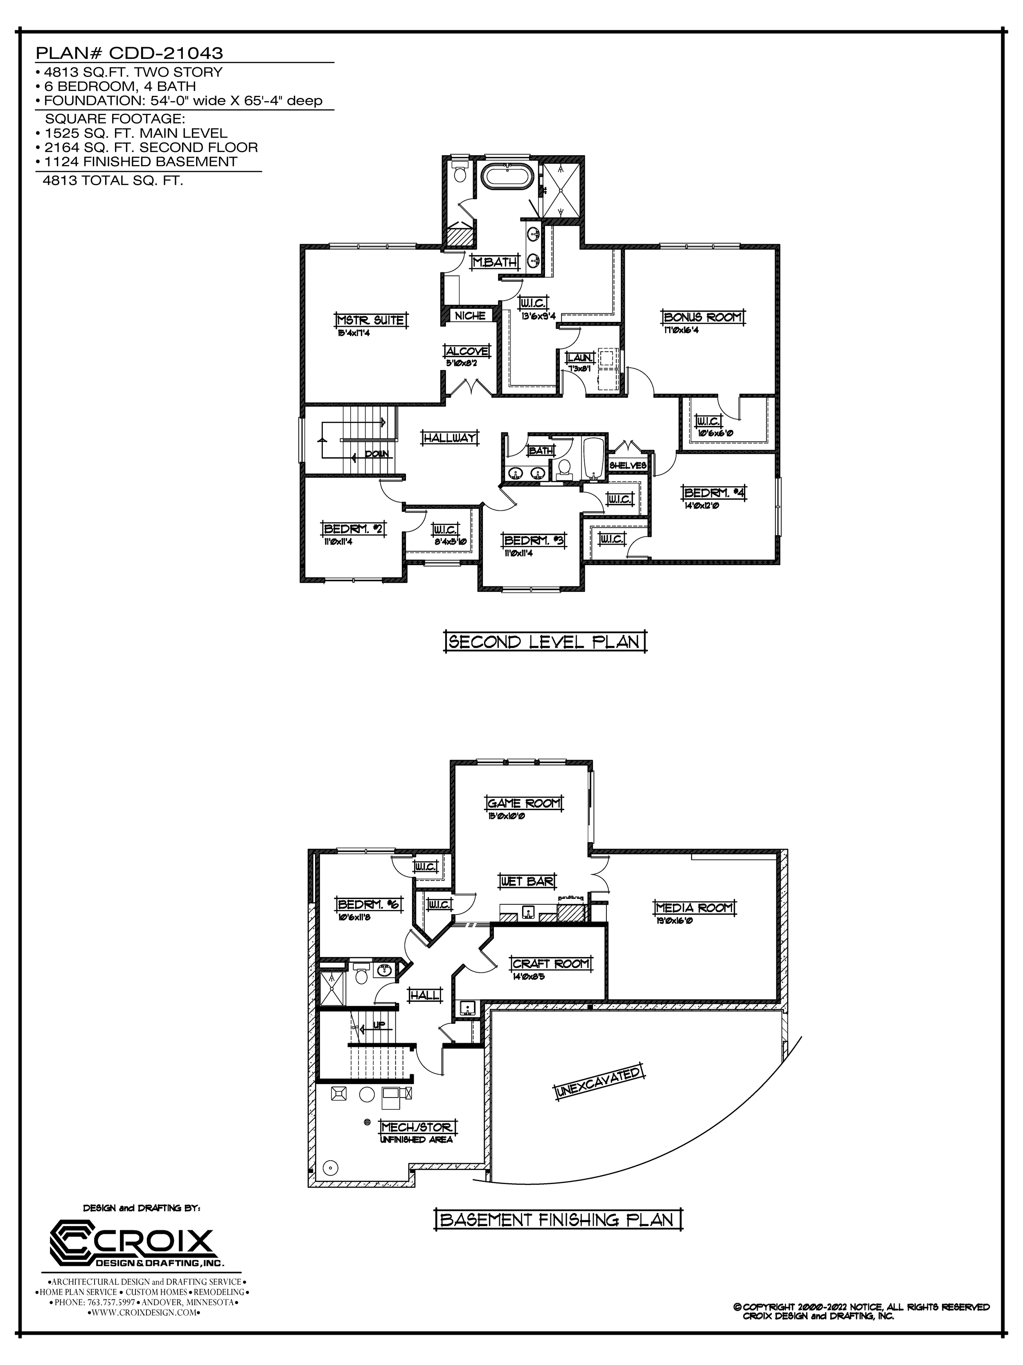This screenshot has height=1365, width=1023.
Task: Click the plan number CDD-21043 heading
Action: click(x=129, y=53)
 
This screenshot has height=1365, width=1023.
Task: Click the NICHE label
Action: click(x=471, y=316)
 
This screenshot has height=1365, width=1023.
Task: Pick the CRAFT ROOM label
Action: click(x=551, y=963)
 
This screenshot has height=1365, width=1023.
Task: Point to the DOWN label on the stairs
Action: click(x=376, y=454)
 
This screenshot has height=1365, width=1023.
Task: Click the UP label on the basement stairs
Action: click(x=379, y=1025)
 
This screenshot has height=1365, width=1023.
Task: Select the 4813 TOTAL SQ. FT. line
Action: click(x=112, y=181)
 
